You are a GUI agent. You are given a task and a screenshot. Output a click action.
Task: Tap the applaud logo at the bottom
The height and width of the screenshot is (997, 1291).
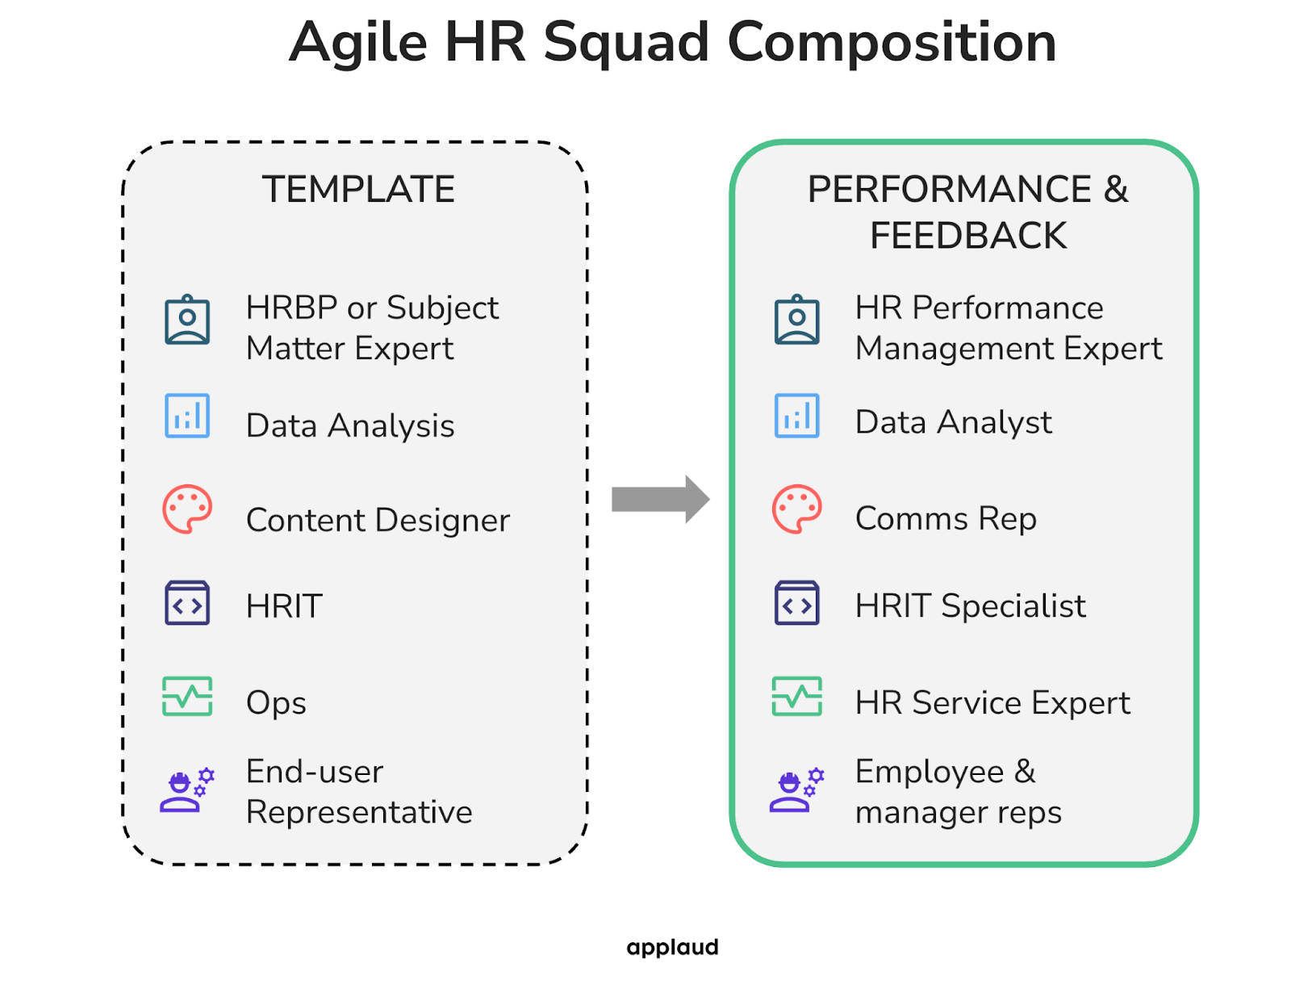672,947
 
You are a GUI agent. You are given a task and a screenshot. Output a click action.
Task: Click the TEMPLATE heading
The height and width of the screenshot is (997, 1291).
358,190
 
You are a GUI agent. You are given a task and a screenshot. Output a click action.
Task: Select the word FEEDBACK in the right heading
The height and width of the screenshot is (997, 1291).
967,236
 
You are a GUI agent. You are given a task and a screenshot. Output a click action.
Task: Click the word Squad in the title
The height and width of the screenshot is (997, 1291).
625,43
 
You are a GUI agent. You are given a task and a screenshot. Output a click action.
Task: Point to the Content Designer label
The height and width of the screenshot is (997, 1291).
378,520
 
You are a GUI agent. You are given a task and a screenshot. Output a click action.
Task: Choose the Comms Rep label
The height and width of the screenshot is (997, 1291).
946,518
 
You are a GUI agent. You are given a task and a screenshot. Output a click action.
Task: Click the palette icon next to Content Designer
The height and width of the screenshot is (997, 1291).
187,509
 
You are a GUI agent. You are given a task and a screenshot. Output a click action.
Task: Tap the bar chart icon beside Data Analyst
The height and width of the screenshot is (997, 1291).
796,416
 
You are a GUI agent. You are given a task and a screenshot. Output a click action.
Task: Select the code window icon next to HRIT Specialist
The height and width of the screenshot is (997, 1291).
796,603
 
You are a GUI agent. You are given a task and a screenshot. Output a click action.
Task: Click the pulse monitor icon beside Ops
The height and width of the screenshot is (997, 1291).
187,696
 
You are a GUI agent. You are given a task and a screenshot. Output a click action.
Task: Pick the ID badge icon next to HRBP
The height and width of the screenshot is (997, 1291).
187,320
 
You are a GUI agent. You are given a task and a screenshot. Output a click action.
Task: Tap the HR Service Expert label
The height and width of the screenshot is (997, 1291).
992,702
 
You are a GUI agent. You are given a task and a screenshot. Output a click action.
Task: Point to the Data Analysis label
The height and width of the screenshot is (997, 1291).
350,425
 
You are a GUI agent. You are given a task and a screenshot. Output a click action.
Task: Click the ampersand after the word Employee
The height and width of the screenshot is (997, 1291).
1025,772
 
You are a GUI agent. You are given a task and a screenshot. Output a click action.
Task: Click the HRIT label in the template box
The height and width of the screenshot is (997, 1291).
284,606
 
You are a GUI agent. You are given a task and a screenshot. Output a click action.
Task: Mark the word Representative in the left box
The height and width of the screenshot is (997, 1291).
359,812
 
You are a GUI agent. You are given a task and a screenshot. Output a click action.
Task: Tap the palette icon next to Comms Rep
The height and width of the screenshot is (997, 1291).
796,509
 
